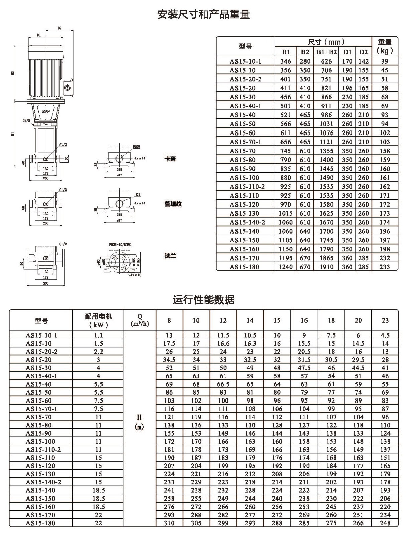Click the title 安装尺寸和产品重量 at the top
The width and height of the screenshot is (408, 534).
point(204,14)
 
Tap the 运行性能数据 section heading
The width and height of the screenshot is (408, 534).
point(204,299)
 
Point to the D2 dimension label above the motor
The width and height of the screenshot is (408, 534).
point(60,28)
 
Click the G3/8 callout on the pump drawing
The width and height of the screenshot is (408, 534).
point(26,120)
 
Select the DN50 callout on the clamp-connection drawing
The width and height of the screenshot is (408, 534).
point(136,147)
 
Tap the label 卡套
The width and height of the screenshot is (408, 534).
point(170,159)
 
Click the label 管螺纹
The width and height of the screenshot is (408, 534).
point(173,204)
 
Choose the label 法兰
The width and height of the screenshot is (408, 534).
point(170,256)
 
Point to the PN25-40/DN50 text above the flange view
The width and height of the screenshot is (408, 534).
point(120,245)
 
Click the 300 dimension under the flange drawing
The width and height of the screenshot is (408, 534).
point(46,283)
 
